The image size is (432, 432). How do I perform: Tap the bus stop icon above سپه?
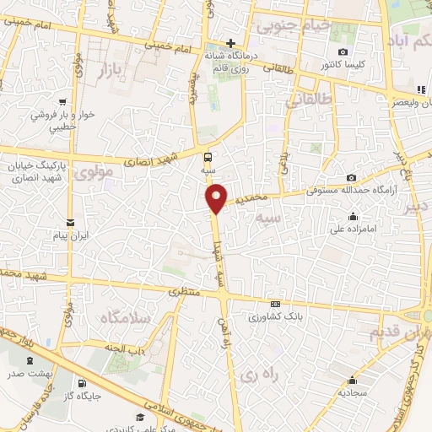coord(208,156)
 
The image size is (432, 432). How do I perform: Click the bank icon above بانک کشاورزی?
coord(273,305)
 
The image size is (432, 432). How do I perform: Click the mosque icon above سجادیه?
coord(350,381)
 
